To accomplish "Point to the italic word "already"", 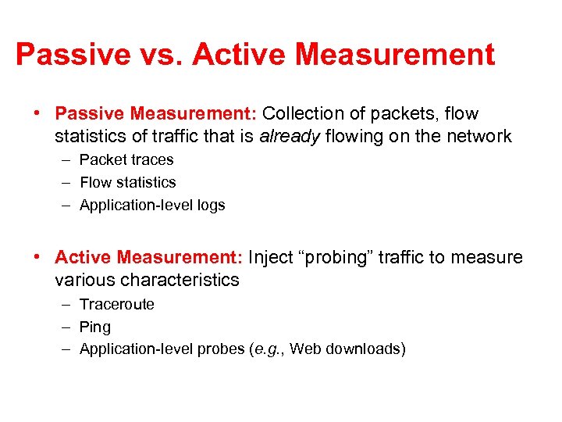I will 290,137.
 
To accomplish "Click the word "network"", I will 479,137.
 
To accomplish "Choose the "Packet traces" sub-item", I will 126,159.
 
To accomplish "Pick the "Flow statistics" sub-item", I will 128,182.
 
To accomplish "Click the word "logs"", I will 210,205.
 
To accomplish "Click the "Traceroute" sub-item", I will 117,304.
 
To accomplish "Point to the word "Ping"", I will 95,327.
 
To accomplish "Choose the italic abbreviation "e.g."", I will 269,349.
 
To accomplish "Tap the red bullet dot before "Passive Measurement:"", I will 37,114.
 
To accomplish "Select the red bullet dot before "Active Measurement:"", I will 37,257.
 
